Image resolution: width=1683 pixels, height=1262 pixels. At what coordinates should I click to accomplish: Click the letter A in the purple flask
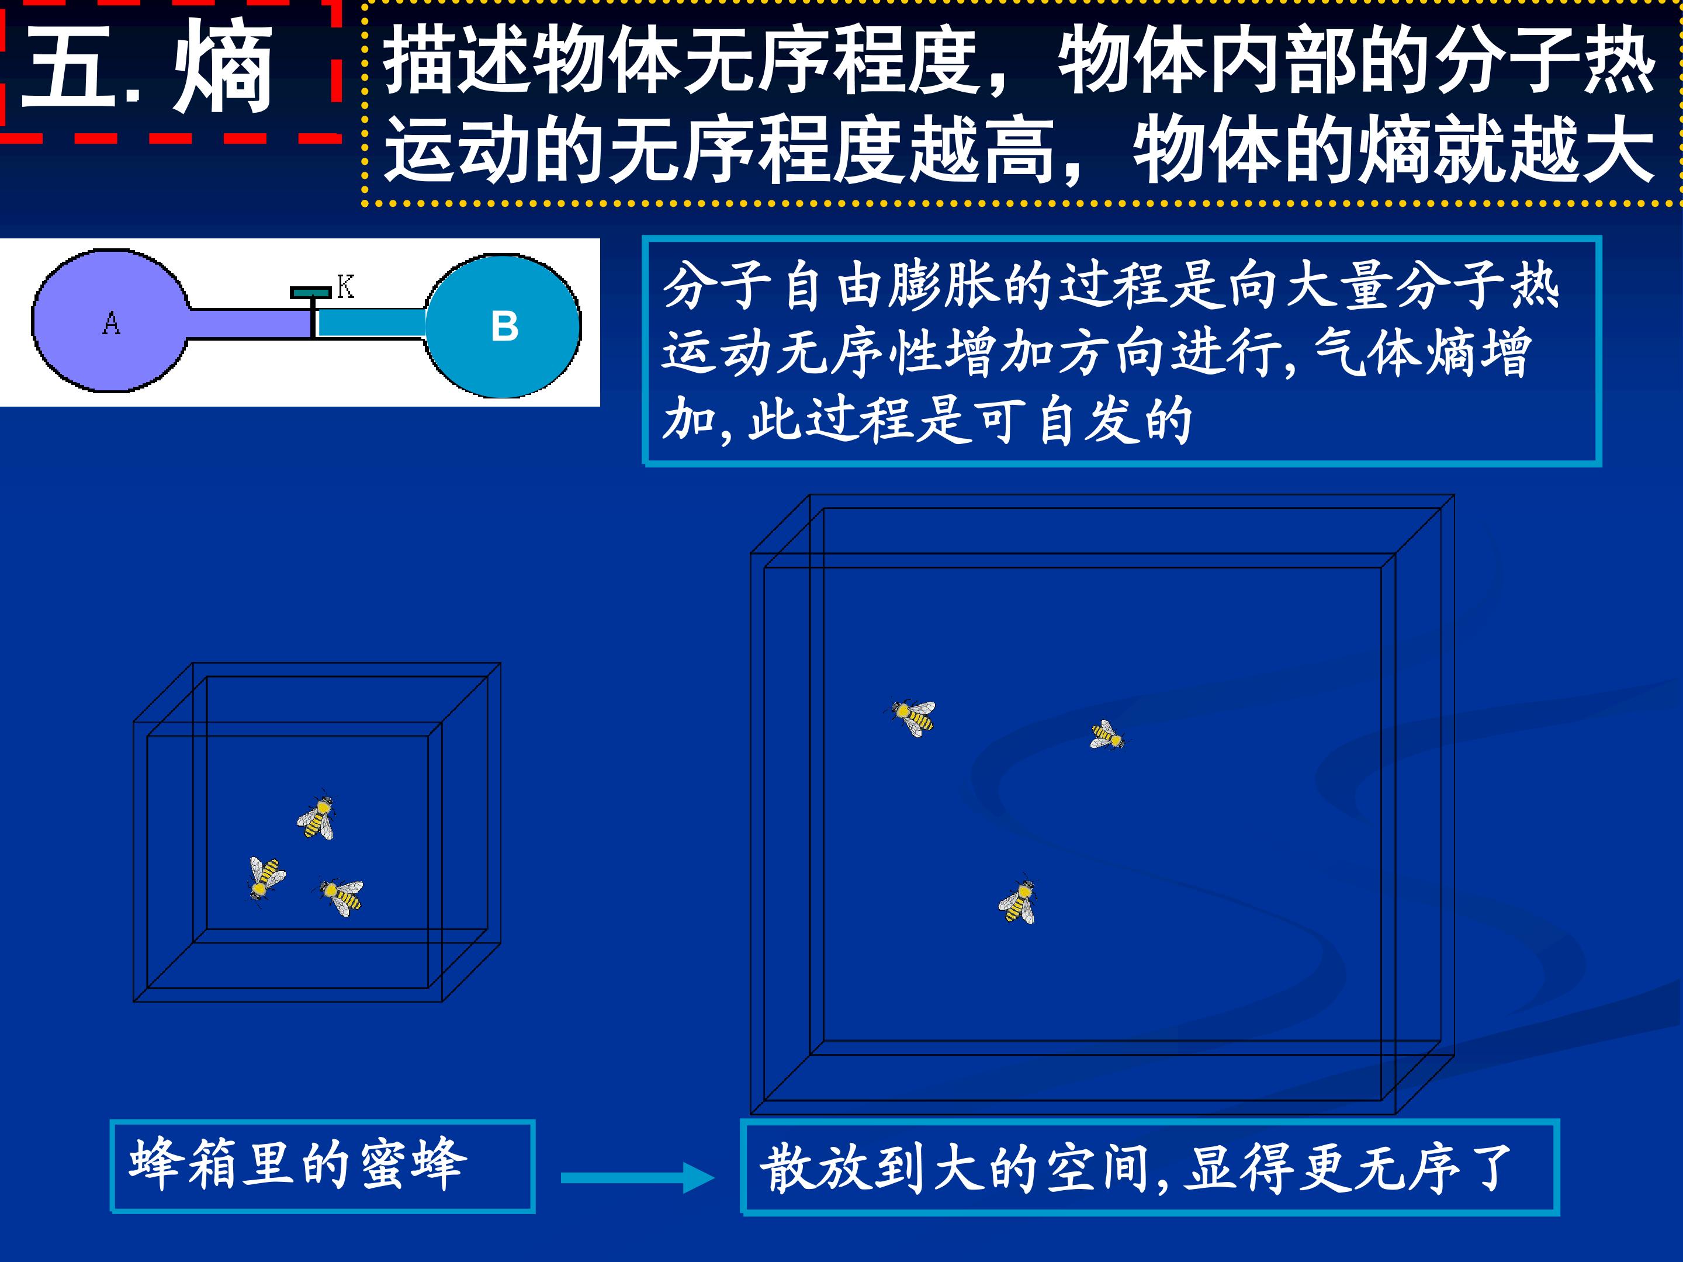click(111, 323)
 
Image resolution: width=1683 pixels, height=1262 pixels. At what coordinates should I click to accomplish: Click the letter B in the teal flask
click(504, 327)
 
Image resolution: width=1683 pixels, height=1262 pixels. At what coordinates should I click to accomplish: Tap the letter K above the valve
click(345, 287)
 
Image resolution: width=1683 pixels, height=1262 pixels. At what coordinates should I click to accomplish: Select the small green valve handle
click(310, 293)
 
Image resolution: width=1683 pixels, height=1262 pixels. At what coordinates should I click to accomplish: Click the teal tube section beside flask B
click(370, 323)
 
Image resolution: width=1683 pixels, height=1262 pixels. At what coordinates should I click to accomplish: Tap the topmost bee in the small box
click(317, 816)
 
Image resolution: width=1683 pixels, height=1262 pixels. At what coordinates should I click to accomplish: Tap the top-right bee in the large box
click(1106, 735)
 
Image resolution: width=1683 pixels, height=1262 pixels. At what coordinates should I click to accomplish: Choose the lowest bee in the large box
click(1018, 901)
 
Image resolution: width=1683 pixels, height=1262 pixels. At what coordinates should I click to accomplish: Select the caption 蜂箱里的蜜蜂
click(297, 1164)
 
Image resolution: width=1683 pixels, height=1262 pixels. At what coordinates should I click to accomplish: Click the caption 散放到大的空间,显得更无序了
click(1137, 1168)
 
